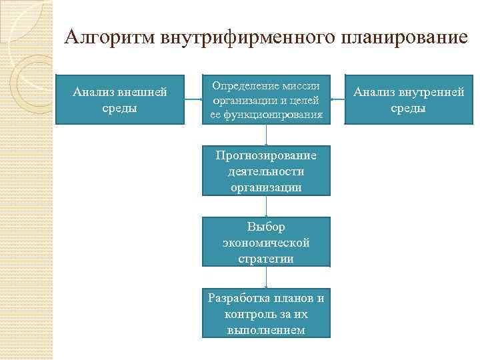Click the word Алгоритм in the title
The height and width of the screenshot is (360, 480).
[109, 37]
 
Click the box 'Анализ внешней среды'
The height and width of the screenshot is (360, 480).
[120, 99]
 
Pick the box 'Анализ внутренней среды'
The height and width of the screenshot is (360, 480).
[409, 99]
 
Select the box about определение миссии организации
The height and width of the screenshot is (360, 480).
[266, 99]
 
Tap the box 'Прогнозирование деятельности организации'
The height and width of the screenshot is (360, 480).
[266, 171]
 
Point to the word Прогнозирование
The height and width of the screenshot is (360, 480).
[266, 155]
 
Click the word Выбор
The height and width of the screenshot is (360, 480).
[266, 227]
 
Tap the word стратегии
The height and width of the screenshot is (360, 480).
[266, 259]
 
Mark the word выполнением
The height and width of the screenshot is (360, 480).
[266, 330]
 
